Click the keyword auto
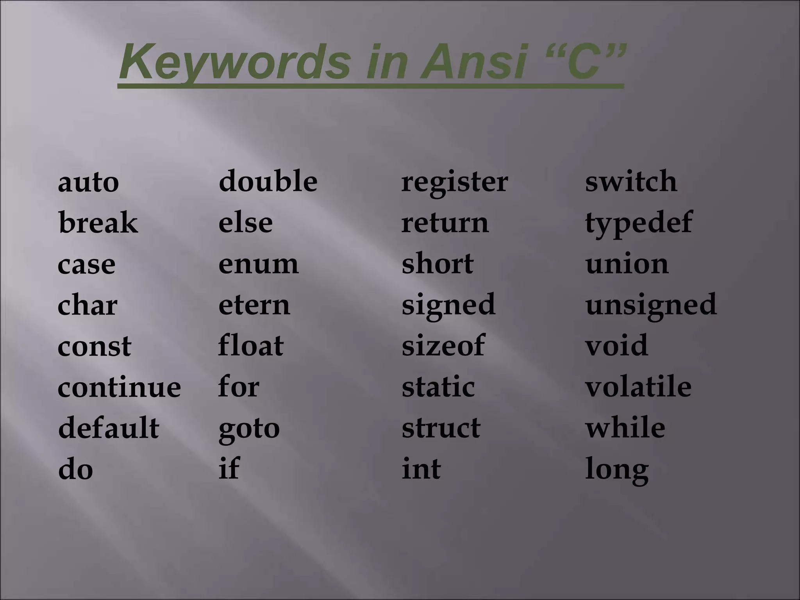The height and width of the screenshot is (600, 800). point(88,182)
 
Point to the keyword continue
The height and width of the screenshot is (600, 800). point(119,387)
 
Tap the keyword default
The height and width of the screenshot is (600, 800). point(109,428)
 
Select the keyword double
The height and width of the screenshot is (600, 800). point(268,181)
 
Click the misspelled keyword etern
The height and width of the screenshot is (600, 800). point(254,305)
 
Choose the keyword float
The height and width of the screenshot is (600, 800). point(251,345)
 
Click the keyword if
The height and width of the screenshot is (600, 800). point(229,468)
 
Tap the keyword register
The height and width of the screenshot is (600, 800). point(455,183)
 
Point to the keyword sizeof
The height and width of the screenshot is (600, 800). point(443,345)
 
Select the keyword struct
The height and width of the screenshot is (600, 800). point(441,428)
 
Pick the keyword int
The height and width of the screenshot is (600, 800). point(421,469)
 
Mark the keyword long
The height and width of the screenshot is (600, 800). point(617,470)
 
